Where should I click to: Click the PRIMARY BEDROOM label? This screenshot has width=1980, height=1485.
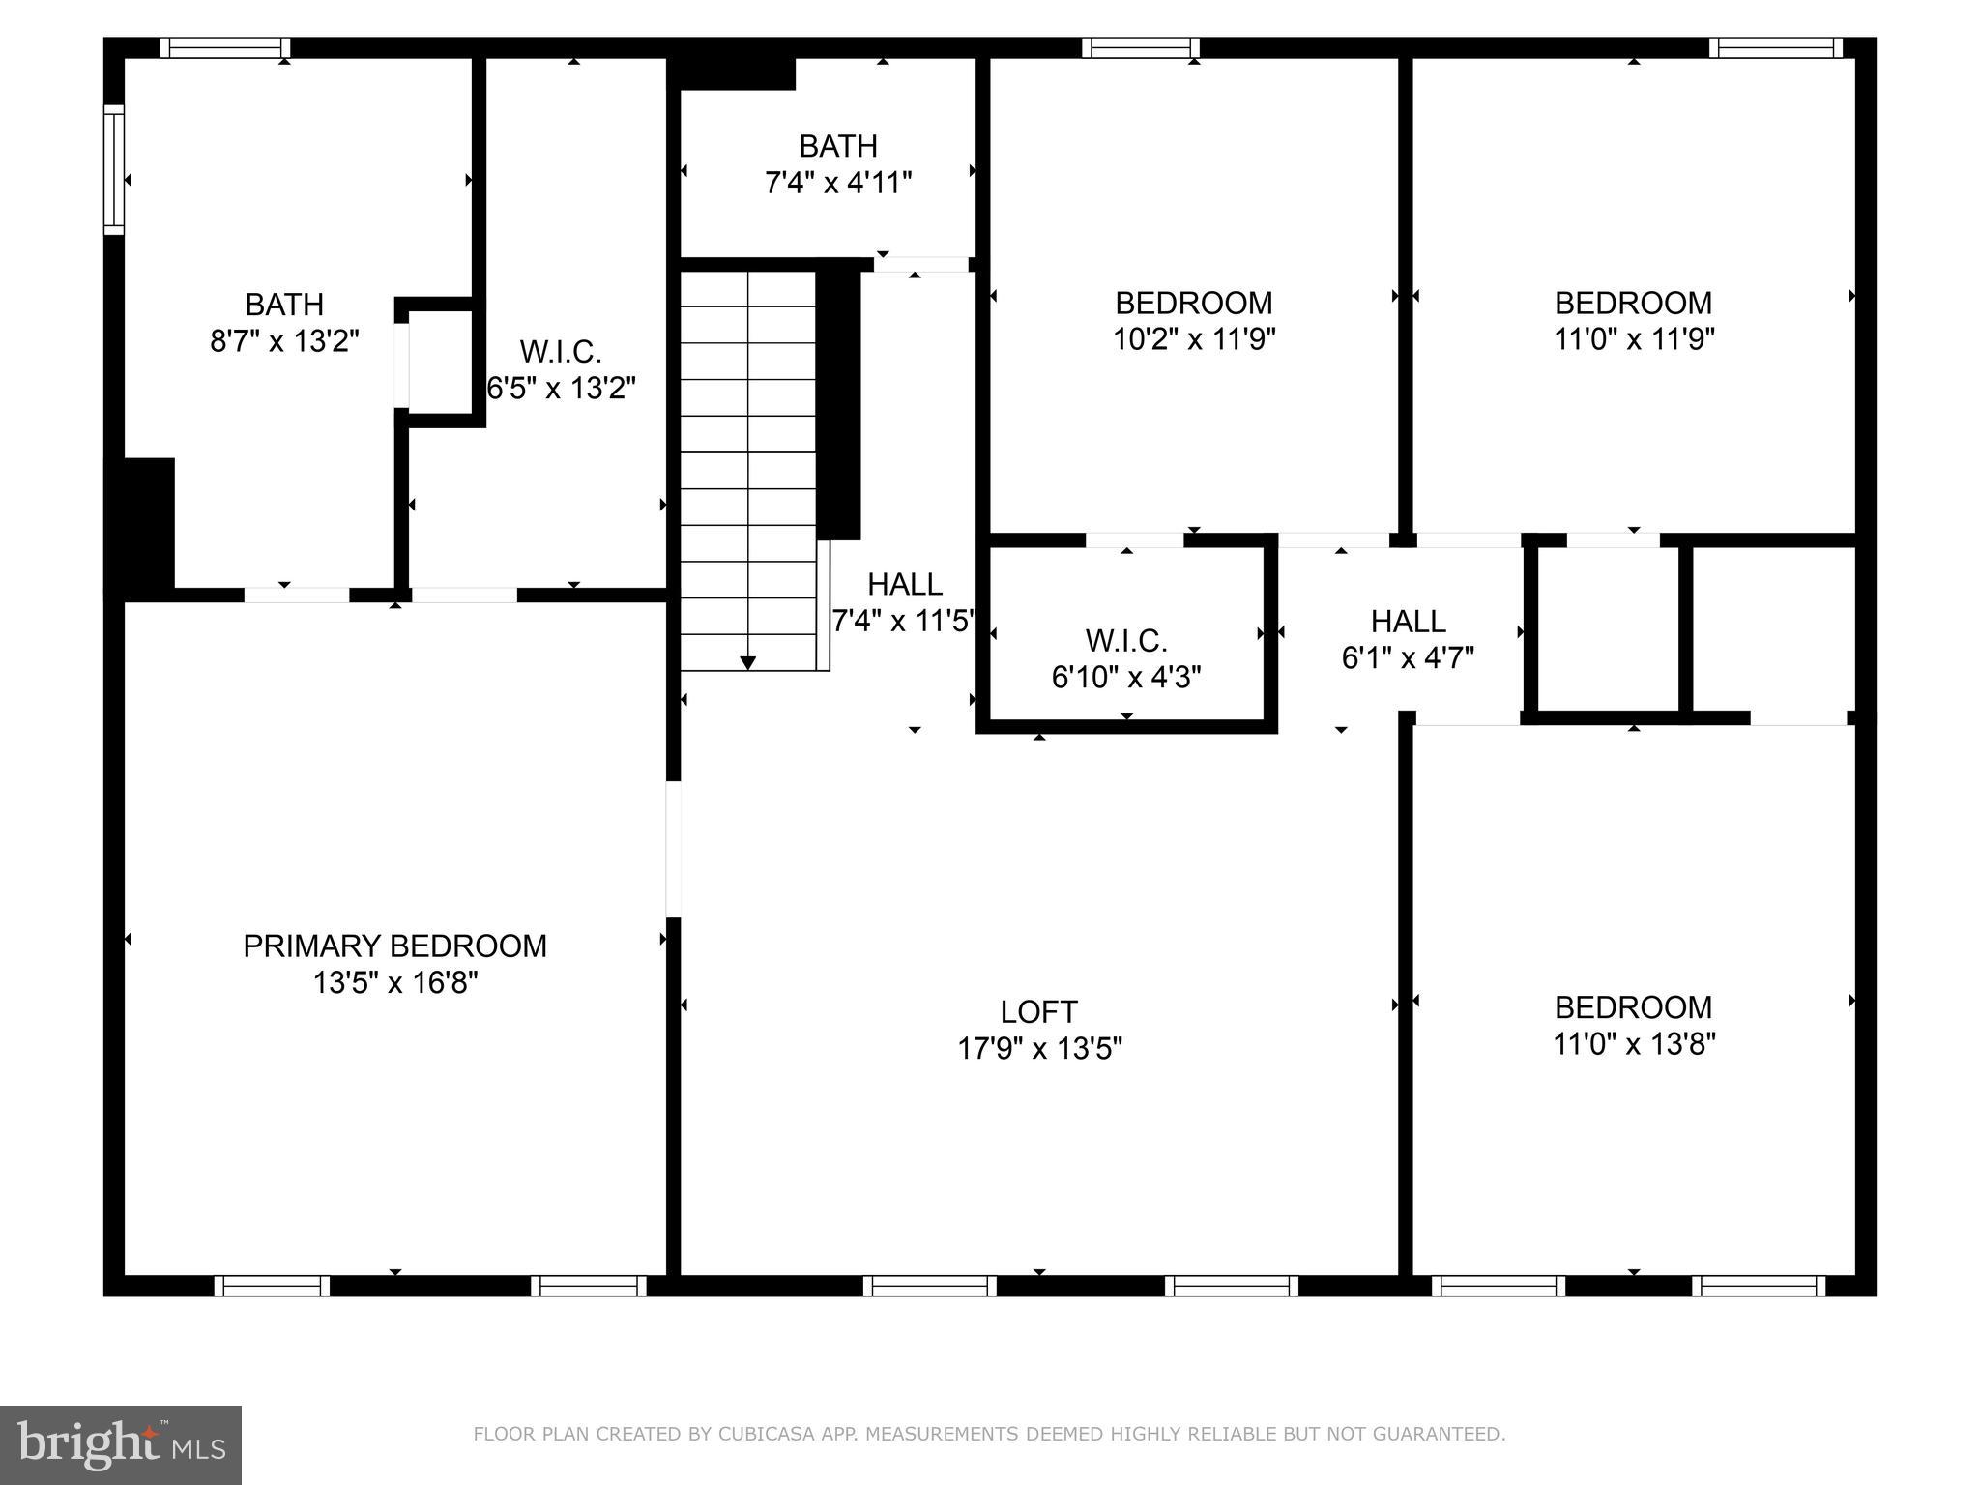(x=394, y=946)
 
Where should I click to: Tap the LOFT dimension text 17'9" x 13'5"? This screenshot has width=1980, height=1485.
(x=1039, y=1049)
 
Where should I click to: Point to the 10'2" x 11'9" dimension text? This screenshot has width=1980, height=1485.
(x=1194, y=340)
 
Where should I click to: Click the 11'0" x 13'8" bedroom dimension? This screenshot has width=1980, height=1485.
(x=1634, y=1045)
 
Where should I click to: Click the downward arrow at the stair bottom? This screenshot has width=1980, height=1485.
(x=747, y=662)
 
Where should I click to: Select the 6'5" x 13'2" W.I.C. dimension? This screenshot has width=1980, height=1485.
(x=561, y=389)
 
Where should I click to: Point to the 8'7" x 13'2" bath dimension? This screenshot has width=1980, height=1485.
(x=284, y=341)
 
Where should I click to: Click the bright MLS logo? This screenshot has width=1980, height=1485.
(x=121, y=1444)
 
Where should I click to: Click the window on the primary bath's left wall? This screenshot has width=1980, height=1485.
(x=114, y=169)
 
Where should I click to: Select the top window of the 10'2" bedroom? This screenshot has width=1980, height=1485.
(x=1140, y=47)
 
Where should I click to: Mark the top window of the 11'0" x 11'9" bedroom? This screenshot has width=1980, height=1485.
(x=1775, y=47)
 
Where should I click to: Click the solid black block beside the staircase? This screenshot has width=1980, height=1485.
(x=838, y=404)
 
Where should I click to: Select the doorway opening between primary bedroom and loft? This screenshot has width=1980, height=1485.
(x=673, y=849)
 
